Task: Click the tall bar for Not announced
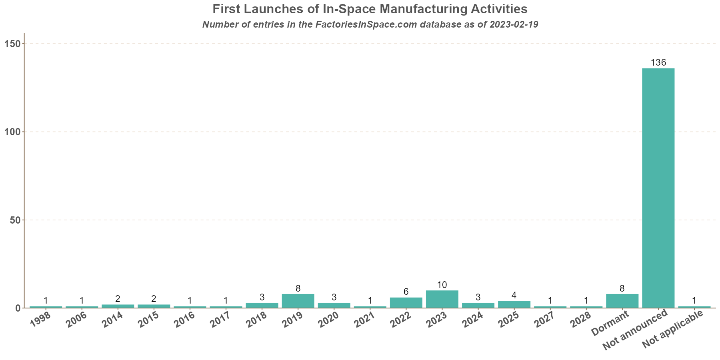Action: (x=658, y=188)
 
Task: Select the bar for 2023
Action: (x=442, y=299)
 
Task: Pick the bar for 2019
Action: (x=298, y=301)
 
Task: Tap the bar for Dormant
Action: (x=622, y=301)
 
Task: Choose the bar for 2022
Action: (x=406, y=303)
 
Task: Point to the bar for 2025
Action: (x=514, y=304)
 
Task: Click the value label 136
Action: (x=658, y=63)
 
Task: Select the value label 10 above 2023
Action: (x=442, y=285)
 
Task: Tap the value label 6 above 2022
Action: (x=406, y=292)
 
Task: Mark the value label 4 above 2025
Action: (x=514, y=296)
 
